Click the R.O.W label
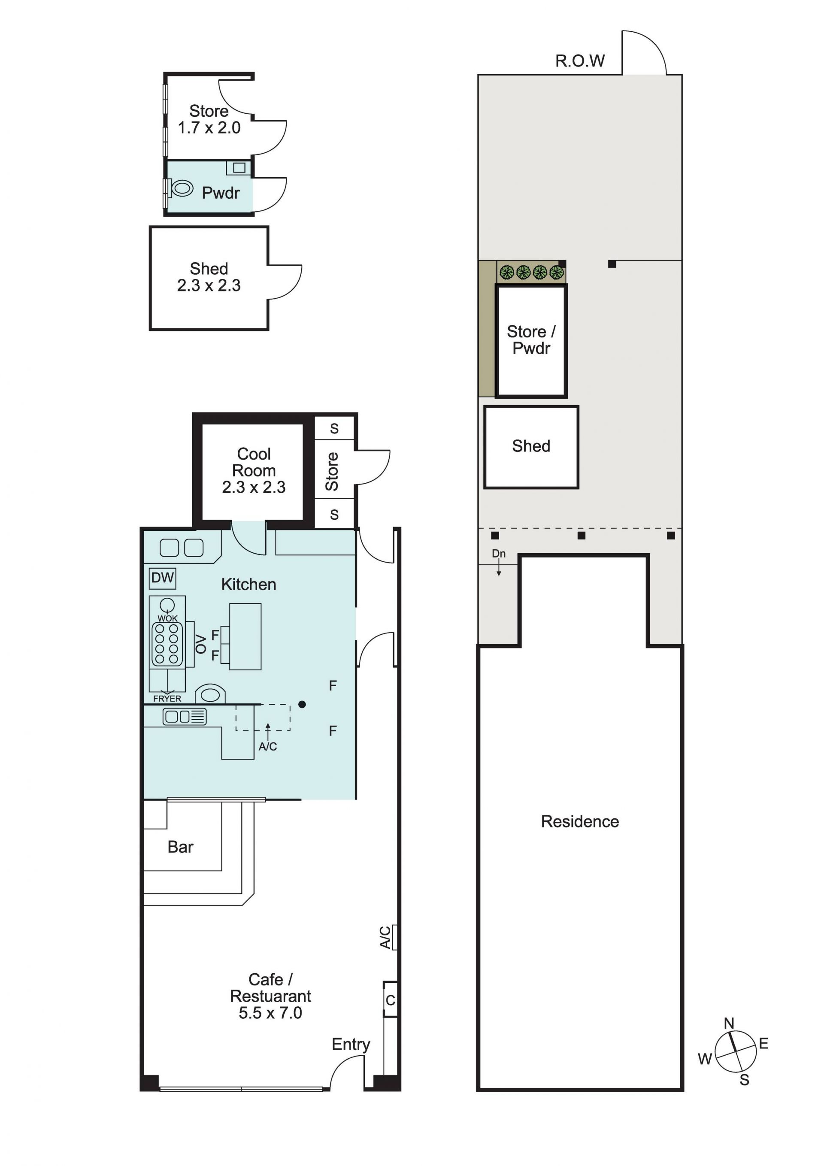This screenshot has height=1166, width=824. click(580, 61)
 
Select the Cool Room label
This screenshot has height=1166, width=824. click(254, 462)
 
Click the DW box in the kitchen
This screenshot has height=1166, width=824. click(163, 578)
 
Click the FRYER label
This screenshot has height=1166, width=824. click(167, 699)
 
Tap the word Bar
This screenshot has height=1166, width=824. click(180, 847)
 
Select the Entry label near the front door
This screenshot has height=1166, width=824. click(351, 1045)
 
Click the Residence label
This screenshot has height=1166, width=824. click(580, 822)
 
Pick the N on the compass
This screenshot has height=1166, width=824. click(729, 1023)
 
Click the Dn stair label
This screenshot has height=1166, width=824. click(499, 554)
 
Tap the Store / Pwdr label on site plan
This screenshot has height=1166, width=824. click(531, 340)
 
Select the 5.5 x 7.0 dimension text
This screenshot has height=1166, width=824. click(270, 1013)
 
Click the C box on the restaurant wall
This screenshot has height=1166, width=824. click(390, 1000)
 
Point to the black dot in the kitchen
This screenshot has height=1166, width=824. click(302, 704)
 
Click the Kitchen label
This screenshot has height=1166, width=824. click(248, 585)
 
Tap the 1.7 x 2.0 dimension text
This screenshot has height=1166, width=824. click(209, 128)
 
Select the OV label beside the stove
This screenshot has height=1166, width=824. click(202, 644)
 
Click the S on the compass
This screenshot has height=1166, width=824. click(744, 1081)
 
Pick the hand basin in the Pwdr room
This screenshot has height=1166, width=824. click(239, 168)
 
